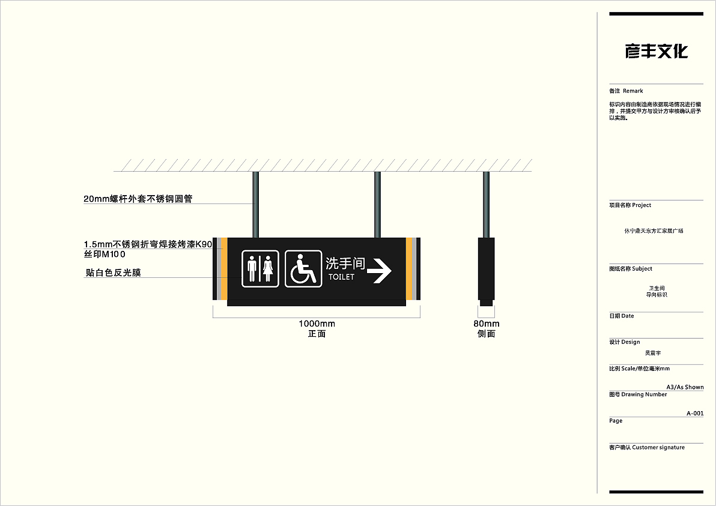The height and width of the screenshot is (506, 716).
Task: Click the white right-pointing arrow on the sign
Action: click(379, 271)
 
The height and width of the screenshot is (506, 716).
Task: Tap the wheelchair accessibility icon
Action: click(303, 268)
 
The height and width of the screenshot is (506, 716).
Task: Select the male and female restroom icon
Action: click(260, 268)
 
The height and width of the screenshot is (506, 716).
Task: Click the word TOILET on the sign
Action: click(341, 277)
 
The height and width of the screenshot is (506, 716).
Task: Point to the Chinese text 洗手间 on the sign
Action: click(345, 264)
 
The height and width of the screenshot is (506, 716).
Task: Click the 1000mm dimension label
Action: click(317, 324)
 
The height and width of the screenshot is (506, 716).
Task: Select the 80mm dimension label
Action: click(486, 324)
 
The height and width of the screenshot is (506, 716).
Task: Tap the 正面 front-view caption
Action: click(317, 334)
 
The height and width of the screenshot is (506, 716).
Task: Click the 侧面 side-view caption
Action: click(486, 334)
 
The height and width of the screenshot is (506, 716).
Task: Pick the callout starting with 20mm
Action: click(138, 199)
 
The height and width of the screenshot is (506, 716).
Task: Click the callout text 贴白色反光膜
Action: click(114, 273)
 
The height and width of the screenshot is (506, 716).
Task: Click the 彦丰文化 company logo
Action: click(656, 52)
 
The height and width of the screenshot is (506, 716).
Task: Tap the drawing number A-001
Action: click(694, 413)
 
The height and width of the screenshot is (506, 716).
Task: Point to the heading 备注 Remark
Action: click(626, 91)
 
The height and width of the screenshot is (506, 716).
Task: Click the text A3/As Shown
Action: click(685, 387)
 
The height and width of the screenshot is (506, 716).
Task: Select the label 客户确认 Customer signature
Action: click(647, 447)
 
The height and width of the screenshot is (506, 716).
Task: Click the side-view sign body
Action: click(486, 269)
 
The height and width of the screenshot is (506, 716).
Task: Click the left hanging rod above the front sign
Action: click(256, 204)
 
